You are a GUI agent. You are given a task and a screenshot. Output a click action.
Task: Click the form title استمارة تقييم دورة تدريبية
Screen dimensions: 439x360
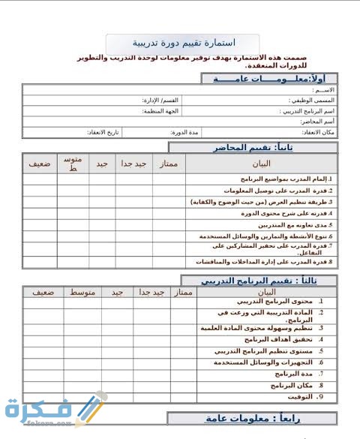click(183, 43)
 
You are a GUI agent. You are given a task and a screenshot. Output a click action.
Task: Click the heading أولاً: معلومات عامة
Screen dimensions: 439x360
click(269, 78)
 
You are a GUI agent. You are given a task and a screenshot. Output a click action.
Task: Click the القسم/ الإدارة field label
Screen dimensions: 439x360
click(160, 100)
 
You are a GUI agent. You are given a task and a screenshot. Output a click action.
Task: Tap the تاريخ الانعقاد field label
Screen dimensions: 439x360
click(101, 132)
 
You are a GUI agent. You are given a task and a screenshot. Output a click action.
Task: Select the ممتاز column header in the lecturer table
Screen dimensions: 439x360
click(169, 164)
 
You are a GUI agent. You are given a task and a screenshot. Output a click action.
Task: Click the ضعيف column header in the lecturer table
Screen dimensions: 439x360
click(40, 164)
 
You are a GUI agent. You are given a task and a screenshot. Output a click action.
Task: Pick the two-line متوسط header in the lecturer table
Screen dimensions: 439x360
click(73, 164)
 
